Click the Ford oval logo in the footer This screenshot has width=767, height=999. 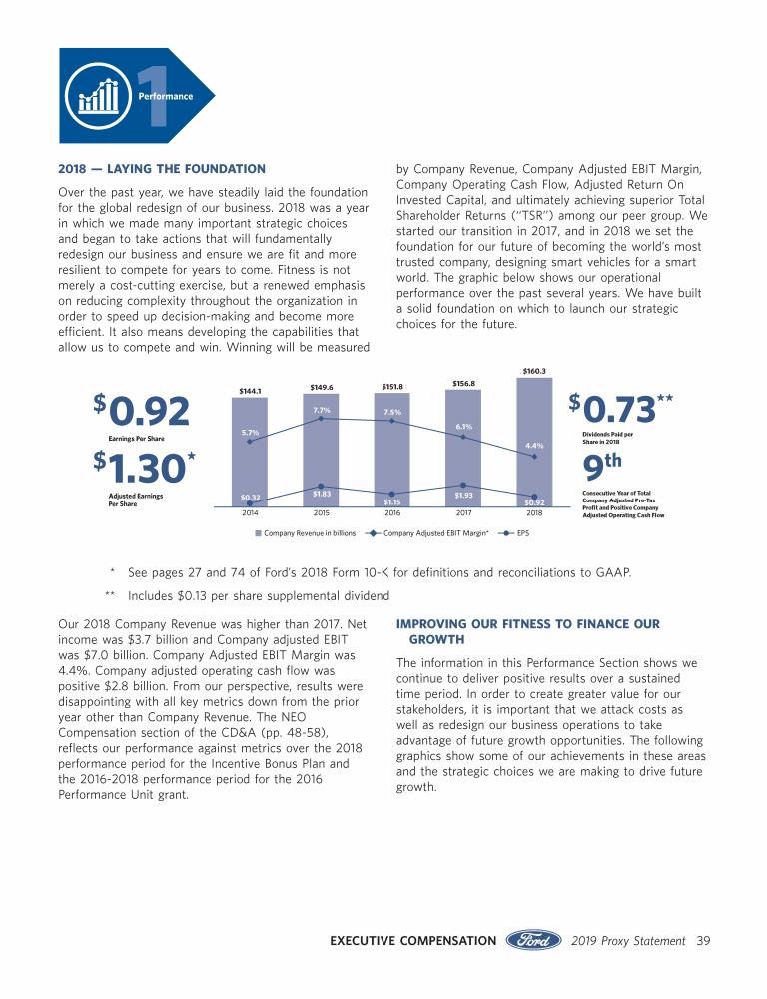click(x=535, y=940)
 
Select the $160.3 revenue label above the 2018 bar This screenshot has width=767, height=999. click(x=534, y=371)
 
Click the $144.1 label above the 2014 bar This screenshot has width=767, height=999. click(x=249, y=390)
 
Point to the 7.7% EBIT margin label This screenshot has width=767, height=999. click(x=321, y=410)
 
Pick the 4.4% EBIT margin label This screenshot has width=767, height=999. click(x=534, y=445)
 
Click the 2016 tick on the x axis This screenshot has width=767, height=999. click(x=392, y=513)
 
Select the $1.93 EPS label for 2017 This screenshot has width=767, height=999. click(x=463, y=495)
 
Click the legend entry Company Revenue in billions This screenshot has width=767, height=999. click(x=306, y=534)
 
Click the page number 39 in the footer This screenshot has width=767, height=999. click(x=703, y=940)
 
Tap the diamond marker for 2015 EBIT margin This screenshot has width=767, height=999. click(x=321, y=419)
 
